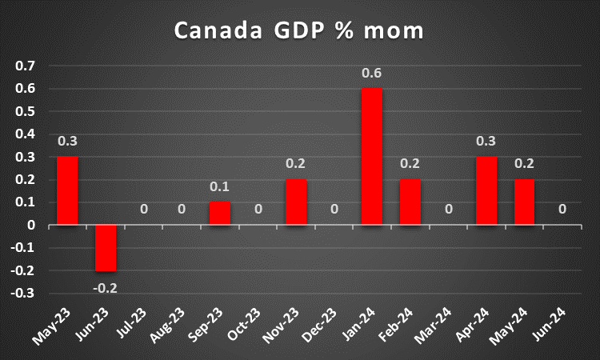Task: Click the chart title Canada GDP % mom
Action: click(299, 31)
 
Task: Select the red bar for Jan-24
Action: click(372, 156)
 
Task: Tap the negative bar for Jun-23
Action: click(106, 248)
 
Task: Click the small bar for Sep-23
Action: click(220, 214)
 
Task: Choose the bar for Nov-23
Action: click(296, 202)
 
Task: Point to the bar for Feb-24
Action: click(410, 202)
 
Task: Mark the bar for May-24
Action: click(525, 202)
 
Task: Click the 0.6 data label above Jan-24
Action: click(372, 74)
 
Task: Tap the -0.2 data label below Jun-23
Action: click(106, 289)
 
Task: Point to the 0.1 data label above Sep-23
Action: click(220, 188)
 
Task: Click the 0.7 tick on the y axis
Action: click(26, 66)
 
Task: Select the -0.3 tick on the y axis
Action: click(24, 294)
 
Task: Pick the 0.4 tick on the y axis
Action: click(26, 134)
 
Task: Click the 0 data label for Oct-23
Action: click(258, 210)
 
